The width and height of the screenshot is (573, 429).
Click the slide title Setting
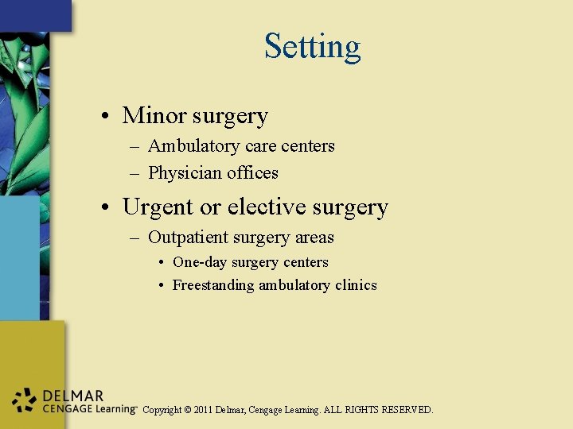click(312, 46)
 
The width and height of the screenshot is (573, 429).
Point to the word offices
click(253, 173)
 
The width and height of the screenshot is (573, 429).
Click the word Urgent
click(158, 207)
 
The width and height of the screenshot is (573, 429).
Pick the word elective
click(267, 207)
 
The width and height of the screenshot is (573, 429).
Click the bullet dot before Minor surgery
click(106, 117)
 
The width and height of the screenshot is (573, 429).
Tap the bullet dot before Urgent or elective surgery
click(106, 208)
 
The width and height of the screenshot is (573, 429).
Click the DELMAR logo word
click(74, 396)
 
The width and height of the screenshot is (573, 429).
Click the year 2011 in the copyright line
click(205, 410)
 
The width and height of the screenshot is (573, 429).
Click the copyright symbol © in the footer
click(187, 410)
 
